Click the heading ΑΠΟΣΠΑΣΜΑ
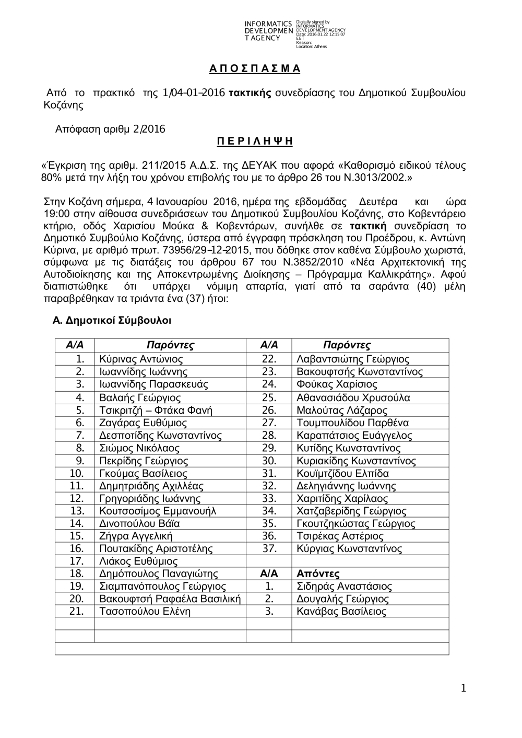tap(255, 68)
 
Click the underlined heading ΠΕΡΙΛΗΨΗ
tap(255, 141)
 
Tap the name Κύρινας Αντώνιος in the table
tap(141, 359)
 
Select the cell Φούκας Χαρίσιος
tap(337, 384)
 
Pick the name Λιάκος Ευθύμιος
tap(138, 561)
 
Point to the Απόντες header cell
tap(318, 573)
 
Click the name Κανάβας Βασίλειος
tap(341, 612)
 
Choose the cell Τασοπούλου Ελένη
tap(145, 612)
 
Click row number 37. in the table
tap(269, 549)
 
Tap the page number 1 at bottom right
tap(463, 689)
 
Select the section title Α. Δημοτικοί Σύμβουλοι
tap(112, 320)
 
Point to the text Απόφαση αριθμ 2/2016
tap(110, 129)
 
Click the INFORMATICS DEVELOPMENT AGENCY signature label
tap(268, 31)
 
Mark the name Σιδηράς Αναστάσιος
tap(344, 587)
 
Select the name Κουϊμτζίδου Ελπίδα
tap(342, 474)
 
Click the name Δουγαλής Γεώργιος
tap(342, 599)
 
